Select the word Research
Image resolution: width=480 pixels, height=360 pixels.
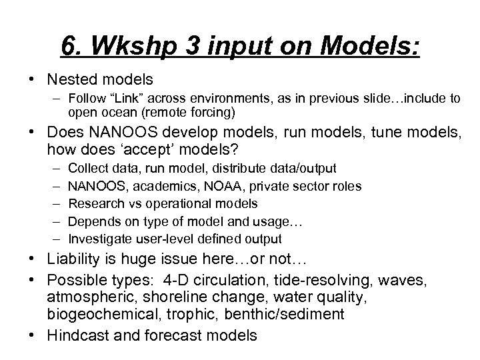pos(96,204)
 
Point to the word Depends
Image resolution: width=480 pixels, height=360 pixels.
pos(93,221)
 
